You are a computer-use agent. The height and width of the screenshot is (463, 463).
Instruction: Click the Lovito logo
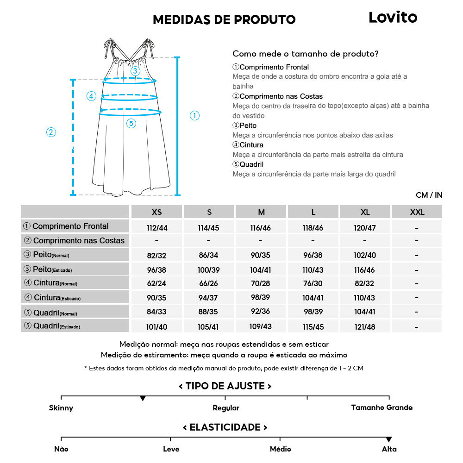click(x=393, y=18)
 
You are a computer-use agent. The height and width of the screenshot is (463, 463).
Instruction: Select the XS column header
click(x=157, y=212)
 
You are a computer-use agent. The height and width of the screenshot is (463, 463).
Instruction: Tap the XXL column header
click(x=417, y=212)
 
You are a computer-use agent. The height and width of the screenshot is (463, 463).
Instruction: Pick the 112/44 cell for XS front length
click(x=157, y=228)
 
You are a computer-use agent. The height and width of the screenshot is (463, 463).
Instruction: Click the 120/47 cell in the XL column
click(x=365, y=228)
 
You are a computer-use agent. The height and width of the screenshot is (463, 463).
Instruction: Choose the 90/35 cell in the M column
click(x=261, y=256)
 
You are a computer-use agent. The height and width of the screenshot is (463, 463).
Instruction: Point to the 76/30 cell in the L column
click(x=313, y=284)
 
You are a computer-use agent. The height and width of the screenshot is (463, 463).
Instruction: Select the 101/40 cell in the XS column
click(x=157, y=327)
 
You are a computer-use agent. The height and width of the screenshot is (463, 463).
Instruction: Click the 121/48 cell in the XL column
click(x=365, y=327)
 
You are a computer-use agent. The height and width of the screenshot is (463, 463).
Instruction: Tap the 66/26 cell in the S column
click(x=209, y=284)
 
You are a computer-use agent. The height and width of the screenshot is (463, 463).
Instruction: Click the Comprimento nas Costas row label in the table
click(x=75, y=241)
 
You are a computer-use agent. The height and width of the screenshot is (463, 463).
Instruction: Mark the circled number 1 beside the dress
click(x=195, y=116)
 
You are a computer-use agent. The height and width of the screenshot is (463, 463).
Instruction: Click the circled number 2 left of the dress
click(x=51, y=132)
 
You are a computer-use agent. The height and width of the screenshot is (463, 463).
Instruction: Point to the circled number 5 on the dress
click(x=131, y=123)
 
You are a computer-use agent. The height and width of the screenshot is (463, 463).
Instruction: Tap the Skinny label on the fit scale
click(x=61, y=408)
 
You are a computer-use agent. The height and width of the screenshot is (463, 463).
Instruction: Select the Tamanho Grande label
click(x=382, y=408)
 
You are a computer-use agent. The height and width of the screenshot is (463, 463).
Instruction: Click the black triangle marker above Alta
click(x=389, y=439)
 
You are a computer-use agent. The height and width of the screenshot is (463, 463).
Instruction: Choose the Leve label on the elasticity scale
click(x=171, y=449)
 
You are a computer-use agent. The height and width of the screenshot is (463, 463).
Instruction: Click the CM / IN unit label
click(x=429, y=195)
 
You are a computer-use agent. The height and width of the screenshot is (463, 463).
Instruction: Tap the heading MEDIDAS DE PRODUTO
click(x=224, y=19)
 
